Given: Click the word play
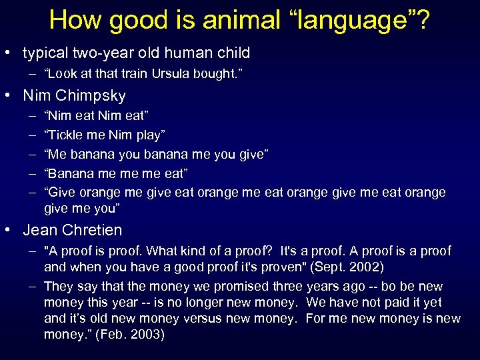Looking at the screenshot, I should point(149,135).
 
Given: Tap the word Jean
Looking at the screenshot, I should point(40,231).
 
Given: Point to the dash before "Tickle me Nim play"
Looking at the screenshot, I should point(33,135).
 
